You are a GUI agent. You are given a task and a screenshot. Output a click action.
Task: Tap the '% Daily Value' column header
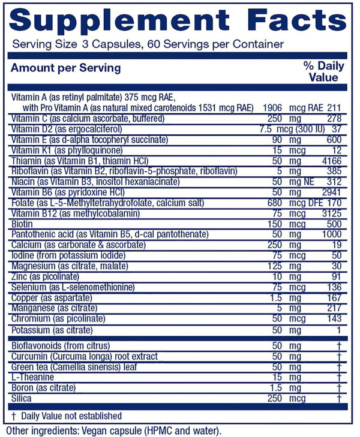click(322, 72)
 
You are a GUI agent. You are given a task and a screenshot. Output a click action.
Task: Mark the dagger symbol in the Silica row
click(340, 398)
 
